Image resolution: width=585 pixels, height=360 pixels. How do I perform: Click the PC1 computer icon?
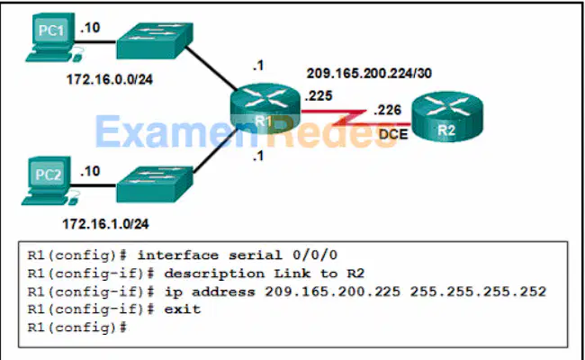point(53,37)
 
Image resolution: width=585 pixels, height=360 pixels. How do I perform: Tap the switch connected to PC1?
point(155,40)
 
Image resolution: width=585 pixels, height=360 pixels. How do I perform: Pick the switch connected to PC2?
point(155,184)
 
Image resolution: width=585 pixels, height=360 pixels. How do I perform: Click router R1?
point(265,109)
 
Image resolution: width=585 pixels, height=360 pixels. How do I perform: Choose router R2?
point(447,116)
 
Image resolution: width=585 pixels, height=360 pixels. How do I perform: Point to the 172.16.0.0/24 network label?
point(110,79)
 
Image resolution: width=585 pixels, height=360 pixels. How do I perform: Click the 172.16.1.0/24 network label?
point(105,224)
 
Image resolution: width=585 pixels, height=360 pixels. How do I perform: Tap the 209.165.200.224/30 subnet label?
point(369,73)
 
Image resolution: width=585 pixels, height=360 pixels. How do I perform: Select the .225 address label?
point(319,96)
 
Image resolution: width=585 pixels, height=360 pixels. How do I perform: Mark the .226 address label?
point(388,110)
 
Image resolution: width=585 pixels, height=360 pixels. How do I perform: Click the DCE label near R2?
point(393,134)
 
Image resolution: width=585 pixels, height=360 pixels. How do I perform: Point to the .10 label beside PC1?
point(90,28)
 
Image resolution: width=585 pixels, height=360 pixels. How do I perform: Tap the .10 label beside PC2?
point(90,171)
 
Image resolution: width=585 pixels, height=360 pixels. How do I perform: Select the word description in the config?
point(214,274)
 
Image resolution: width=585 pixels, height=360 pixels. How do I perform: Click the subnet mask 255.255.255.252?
point(478,292)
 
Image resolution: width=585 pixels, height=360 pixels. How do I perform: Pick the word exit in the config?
point(183,310)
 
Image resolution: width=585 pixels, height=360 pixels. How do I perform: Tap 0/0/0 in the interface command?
point(315,256)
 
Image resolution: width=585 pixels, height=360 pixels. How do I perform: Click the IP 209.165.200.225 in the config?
point(333,292)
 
